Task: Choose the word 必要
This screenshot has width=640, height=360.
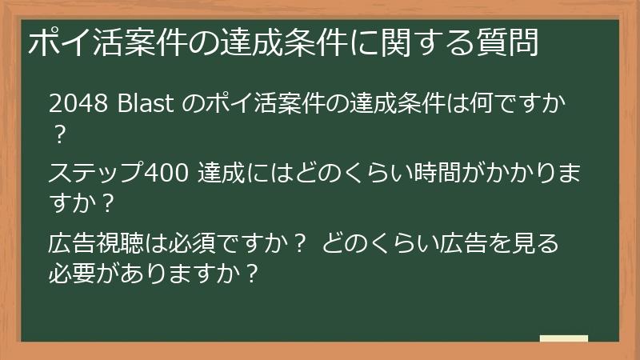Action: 74,274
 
